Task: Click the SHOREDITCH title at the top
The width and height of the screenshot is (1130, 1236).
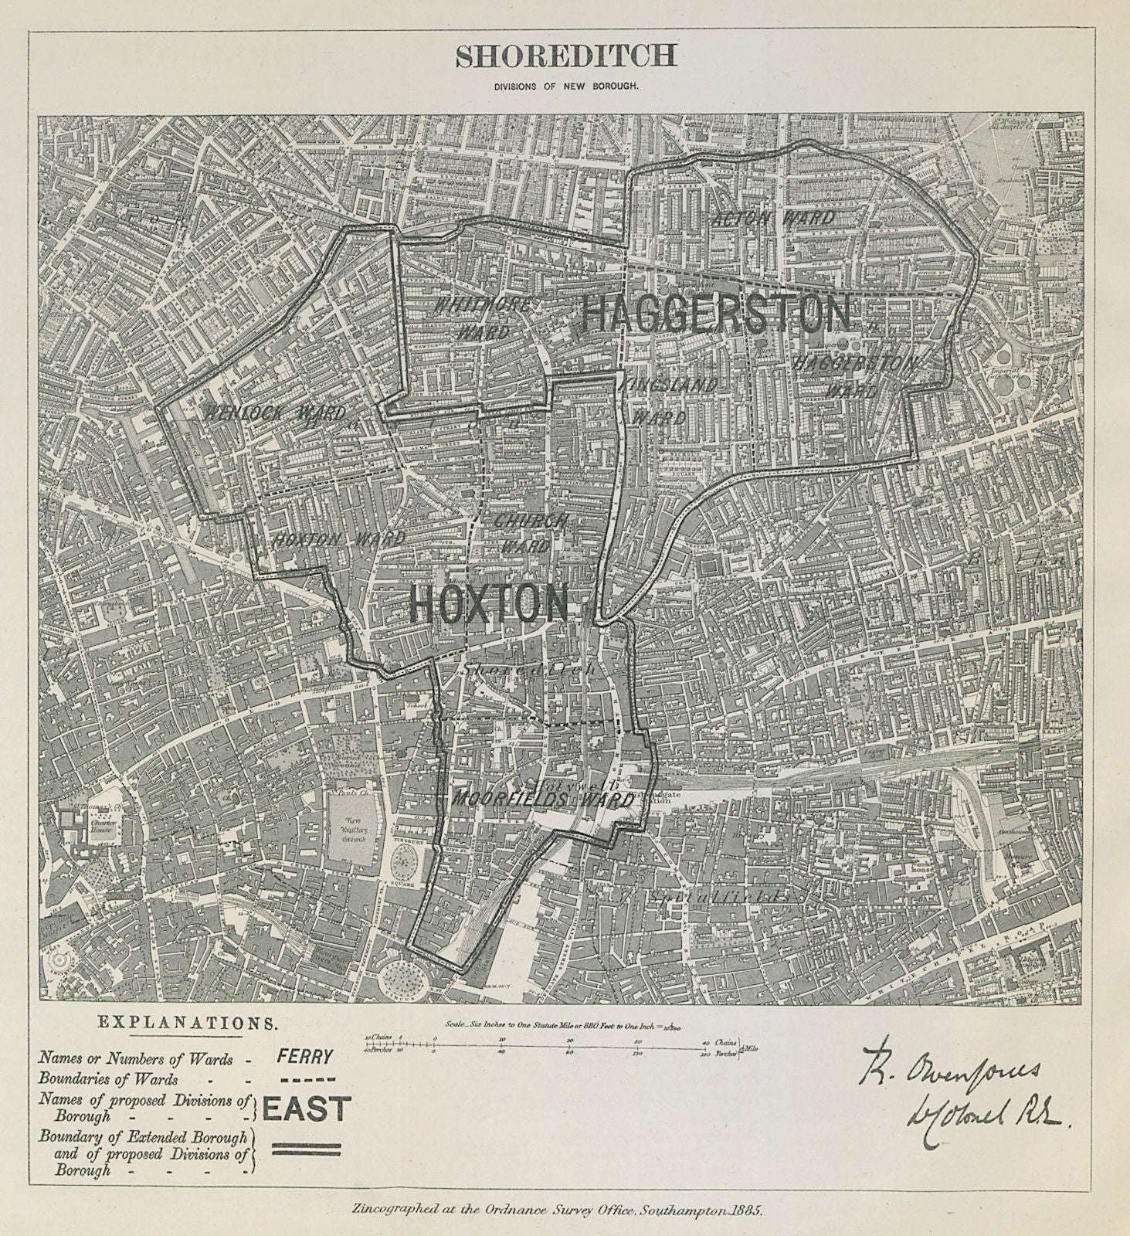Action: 565,56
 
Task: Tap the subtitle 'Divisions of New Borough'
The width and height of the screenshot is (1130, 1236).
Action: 566,87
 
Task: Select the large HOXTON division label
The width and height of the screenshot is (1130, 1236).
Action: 488,603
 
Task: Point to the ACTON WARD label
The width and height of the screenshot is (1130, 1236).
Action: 775,219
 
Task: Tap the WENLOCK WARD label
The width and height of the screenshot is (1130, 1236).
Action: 276,413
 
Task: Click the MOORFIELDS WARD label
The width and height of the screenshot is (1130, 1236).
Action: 544,800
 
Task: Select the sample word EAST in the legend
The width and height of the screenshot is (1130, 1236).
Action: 307,1109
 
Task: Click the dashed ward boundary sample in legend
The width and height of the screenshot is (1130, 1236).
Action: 306,1080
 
